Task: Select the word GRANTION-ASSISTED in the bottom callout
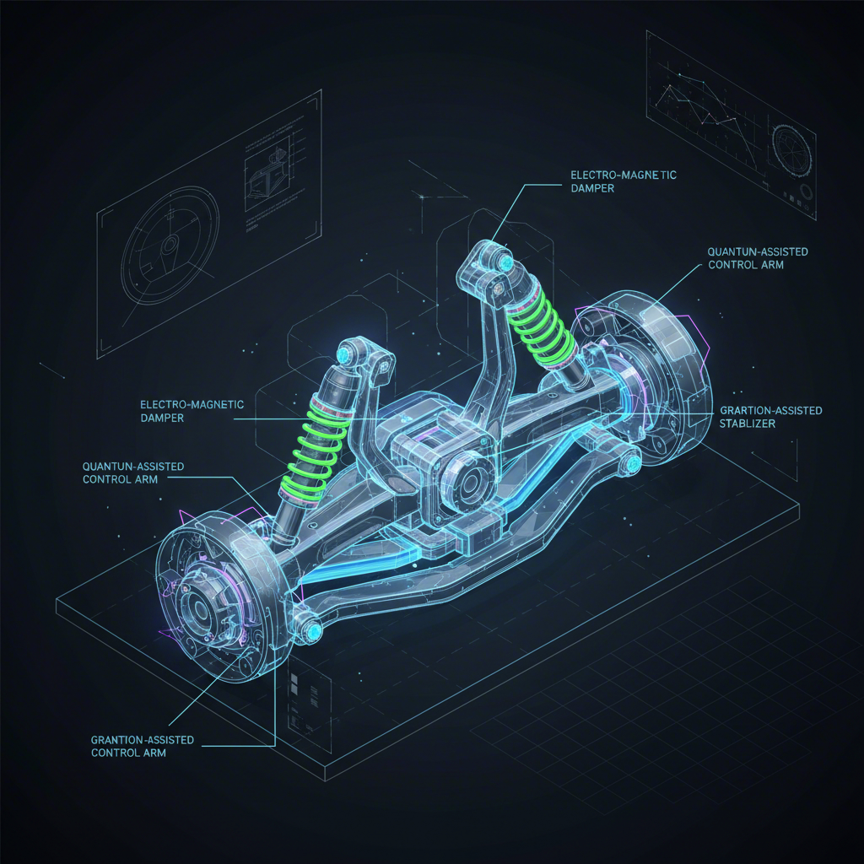142,739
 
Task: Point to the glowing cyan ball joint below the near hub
314,630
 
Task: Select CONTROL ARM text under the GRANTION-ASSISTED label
127,753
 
